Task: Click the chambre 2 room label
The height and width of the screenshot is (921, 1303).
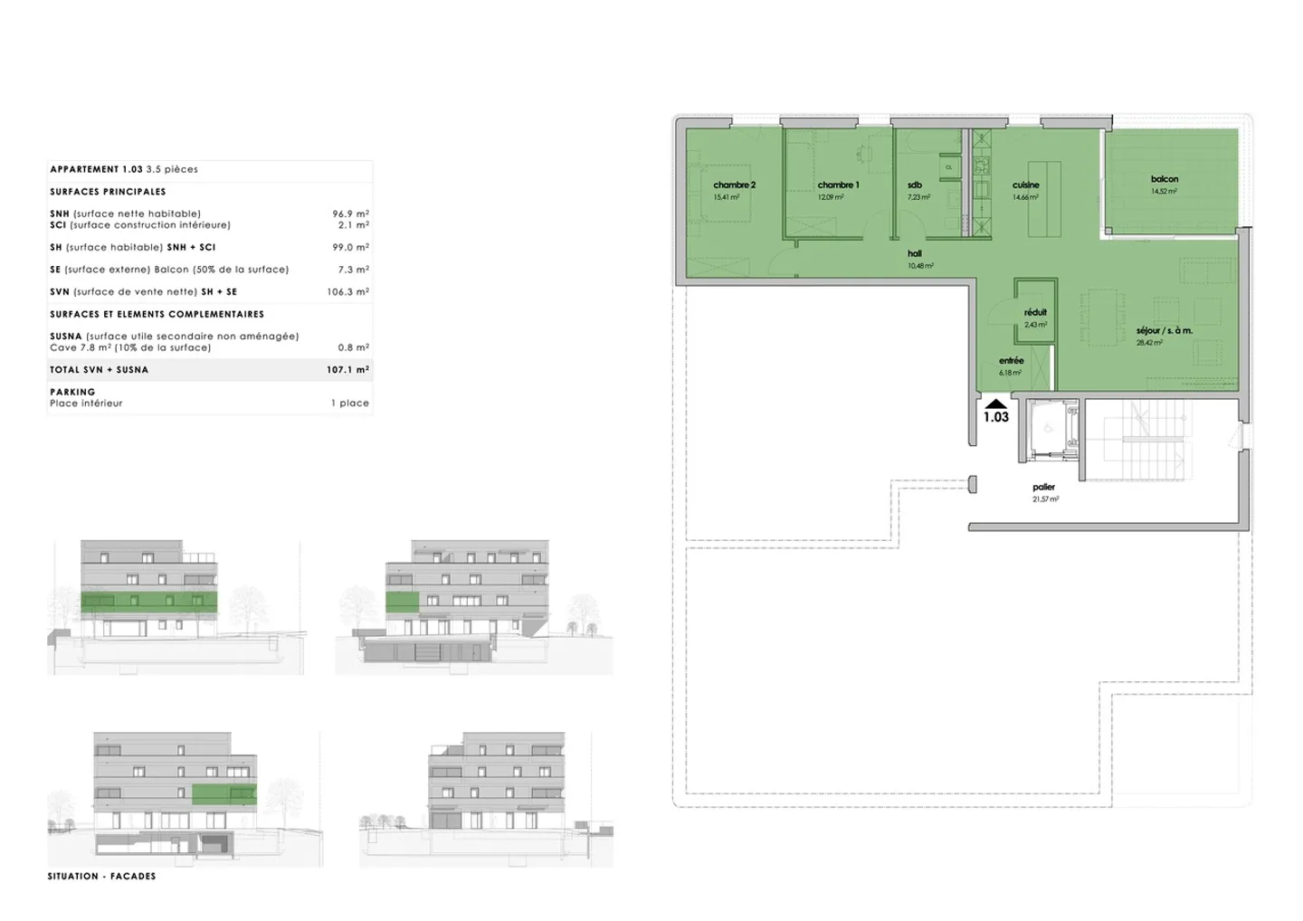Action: [734, 185]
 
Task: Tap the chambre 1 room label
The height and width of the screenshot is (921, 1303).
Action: [838, 185]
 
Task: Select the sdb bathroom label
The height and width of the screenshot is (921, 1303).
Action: [915, 185]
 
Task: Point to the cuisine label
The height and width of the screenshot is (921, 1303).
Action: [1025, 185]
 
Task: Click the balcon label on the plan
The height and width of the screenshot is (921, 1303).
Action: [1165, 179]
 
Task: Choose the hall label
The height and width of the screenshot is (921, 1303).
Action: [915, 254]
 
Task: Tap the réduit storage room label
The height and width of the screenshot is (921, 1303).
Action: [1035, 312]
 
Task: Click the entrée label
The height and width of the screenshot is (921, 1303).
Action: [1011, 360]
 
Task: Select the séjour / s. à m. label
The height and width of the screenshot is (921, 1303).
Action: [1165, 331]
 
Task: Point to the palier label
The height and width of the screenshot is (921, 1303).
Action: [1043, 487]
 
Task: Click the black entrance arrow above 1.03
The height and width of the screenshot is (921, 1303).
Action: [995, 404]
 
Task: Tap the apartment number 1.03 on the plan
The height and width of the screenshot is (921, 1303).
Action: [995, 417]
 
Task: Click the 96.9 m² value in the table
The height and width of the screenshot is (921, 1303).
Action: [350, 214]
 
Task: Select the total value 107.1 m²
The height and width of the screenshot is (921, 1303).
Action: [347, 369]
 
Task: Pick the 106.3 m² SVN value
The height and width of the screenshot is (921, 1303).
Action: [347, 291]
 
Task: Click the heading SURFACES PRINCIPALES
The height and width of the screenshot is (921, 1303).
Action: [108, 192]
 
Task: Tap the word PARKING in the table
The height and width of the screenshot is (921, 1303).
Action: [72, 392]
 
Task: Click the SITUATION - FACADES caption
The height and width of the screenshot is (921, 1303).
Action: [101, 876]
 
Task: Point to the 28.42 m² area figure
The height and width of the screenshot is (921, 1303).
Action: [1149, 343]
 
